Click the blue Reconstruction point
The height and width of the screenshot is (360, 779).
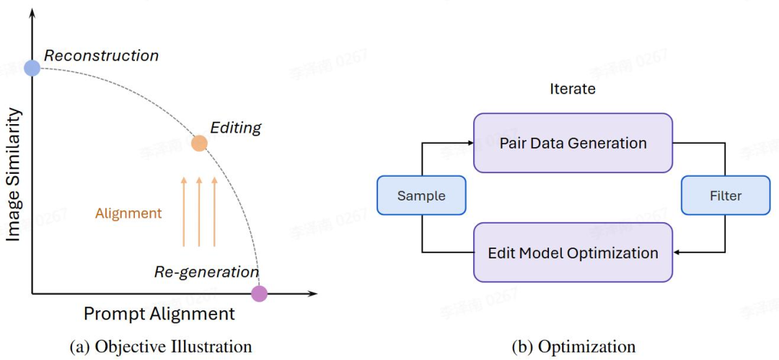tap(32, 68)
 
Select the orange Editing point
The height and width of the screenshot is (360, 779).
tap(199, 143)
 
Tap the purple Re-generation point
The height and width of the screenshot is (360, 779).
tap(259, 294)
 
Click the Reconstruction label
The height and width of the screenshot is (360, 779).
tap(101, 56)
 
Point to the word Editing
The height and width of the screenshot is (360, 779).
tap(236, 128)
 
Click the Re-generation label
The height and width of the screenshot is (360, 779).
tap(206, 272)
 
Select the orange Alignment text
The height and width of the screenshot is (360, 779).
tap(128, 214)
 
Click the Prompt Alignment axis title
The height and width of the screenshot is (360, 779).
tap(159, 314)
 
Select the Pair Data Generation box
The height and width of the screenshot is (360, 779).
tap(573, 143)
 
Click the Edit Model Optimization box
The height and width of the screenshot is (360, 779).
tap(573, 253)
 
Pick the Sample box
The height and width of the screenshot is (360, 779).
tap(421, 196)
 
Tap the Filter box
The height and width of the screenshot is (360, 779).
tap(725, 196)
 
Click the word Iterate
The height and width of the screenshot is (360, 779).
tap(573, 89)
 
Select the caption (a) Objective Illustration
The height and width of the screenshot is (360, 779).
tap(161, 347)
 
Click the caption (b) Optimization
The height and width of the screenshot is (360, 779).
tap(573, 347)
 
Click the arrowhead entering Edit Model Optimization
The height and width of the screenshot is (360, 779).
tap(677, 253)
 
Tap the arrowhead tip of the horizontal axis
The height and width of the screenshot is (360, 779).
tap(314, 294)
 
